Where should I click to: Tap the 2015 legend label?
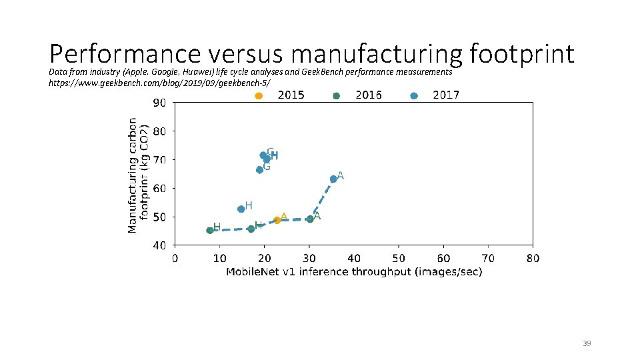pos(291,95)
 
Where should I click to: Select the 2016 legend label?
pos(369,95)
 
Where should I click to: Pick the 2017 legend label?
pos(446,95)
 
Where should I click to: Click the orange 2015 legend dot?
pos(259,96)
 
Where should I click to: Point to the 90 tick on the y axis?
pos(159,103)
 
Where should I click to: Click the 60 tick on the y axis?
pos(159,189)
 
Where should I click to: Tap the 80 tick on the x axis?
pos(532,259)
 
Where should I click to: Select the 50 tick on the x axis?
pos(398,259)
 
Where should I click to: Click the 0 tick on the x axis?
pos(175,259)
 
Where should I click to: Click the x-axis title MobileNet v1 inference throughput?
pos(354,272)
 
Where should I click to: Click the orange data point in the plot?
pos(277,220)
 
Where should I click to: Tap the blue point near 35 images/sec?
pos(333,179)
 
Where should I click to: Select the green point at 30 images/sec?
pos(310,219)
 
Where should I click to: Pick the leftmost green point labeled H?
pos(210,230)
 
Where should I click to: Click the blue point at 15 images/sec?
pos(241,209)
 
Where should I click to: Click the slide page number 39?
pos(587,343)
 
